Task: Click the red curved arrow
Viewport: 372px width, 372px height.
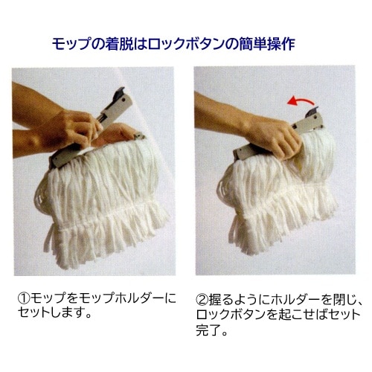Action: click(x=301, y=99)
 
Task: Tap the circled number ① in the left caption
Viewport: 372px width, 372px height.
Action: click(x=24, y=298)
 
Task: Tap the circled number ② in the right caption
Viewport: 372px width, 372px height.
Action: click(x=202, y=299)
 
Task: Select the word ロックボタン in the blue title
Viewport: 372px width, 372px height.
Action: click(x=185, y=44)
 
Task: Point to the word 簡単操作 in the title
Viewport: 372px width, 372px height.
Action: click(x=267, y=44)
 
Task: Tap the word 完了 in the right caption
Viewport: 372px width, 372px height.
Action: click(x=208, y=330)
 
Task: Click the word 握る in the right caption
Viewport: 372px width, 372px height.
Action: click(x=221, y=299)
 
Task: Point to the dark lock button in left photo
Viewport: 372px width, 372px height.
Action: click(x=119, y=92)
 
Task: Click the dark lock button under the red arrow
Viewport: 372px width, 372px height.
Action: click(x=312, y=112)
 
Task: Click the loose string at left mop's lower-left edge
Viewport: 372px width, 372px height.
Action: click(x=48, y=240)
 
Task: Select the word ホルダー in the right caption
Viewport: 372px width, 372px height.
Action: click(x=295, y=299)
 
